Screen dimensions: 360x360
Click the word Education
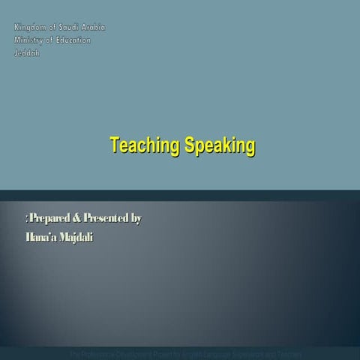pos(73,40)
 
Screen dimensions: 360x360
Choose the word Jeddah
pos(26,52)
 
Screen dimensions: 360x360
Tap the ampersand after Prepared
pos(77,219)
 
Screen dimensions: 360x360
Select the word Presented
pos(106,219)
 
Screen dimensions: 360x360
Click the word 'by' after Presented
pos(136,219)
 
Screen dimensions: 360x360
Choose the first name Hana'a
pos(37,237)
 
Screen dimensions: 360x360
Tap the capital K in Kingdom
pos(16,27)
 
